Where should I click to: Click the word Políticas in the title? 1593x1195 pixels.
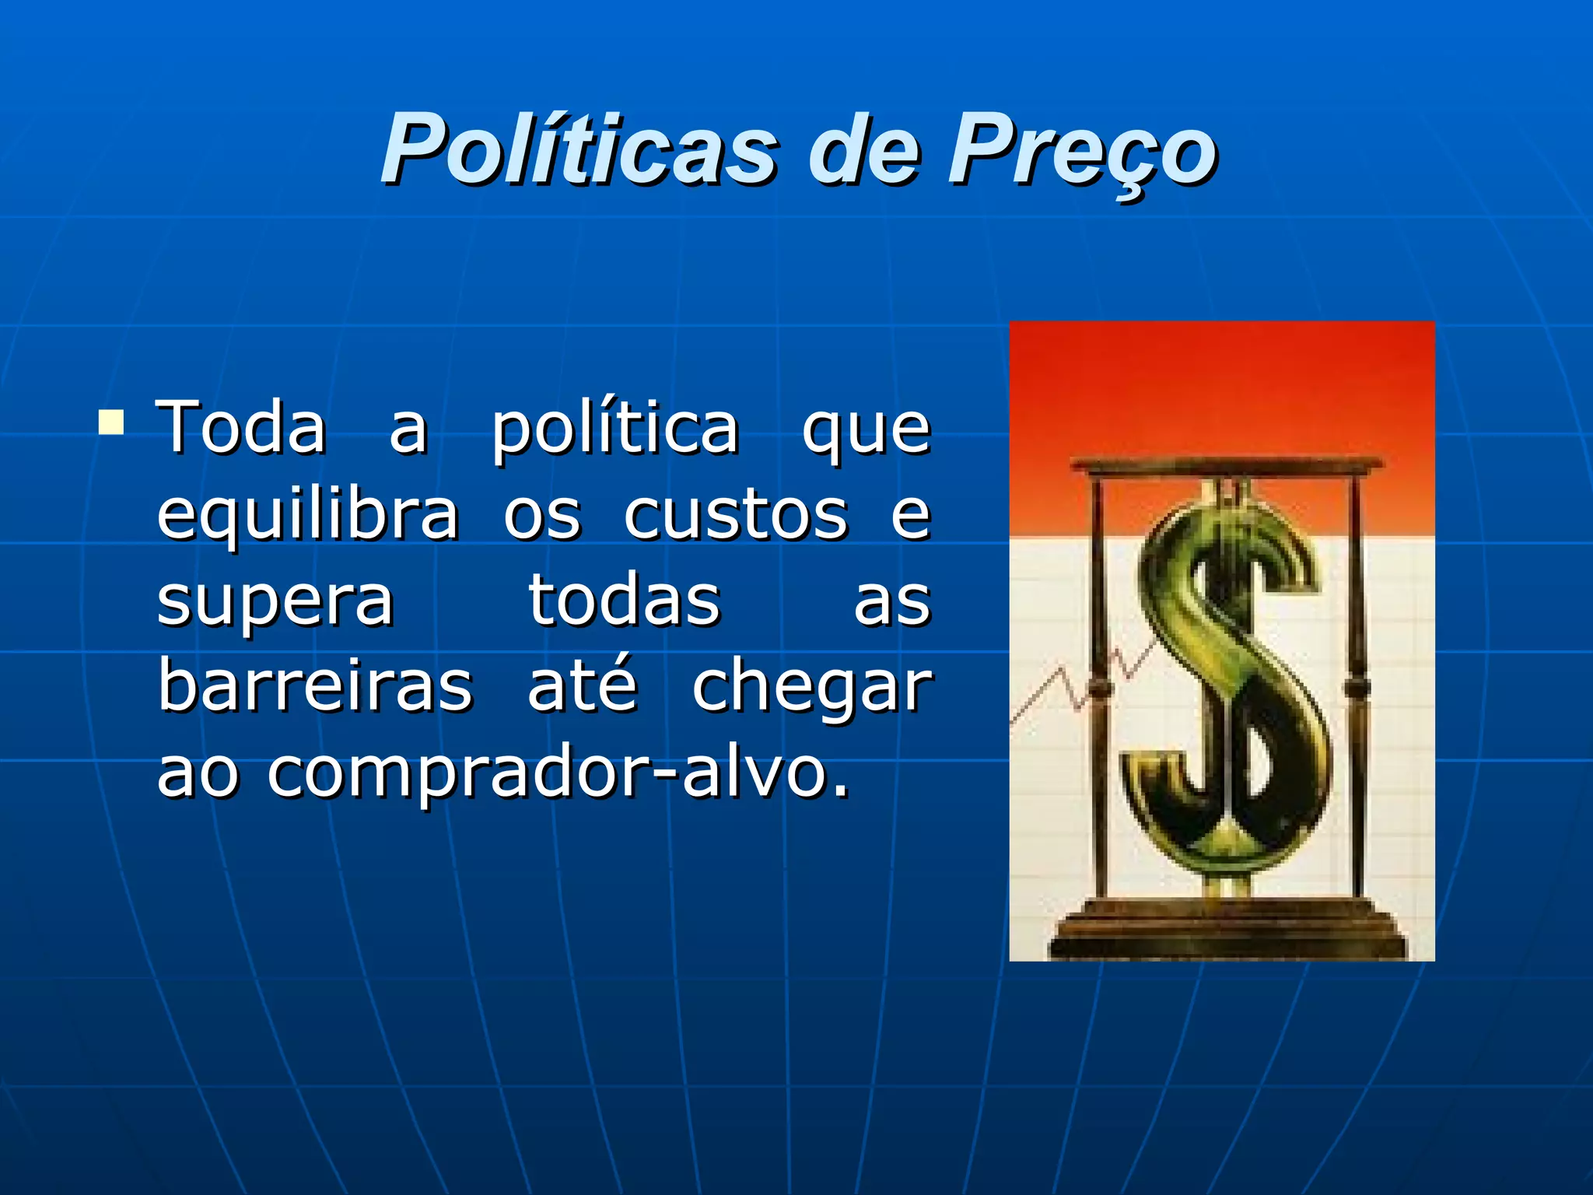pyautogui.click(x=578, y=148)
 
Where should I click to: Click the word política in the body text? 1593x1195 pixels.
pyautogui.click(x=614, y=428)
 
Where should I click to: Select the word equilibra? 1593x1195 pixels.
pyautogui.click(x=308, y=515)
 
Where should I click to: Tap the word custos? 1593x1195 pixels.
pyautogui.click(x=735, y=515)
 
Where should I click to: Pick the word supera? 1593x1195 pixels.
pyautogui.click(x=275, y=601)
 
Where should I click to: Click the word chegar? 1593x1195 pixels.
pyautogui.click(x=811, y=689)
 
